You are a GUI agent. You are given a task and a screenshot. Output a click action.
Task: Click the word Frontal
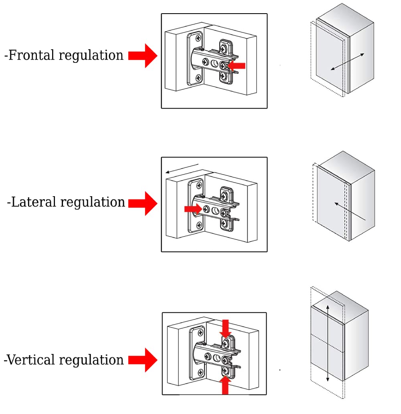point(31,55)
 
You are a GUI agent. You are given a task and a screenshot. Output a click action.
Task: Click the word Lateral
point(34,202)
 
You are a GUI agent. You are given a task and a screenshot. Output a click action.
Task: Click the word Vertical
point(31,360)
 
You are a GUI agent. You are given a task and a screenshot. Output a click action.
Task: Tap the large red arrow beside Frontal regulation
point(143,56)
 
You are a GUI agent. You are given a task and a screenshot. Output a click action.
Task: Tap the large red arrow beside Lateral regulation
point(143,203)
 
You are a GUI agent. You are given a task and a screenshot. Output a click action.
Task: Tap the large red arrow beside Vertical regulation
point(143,360)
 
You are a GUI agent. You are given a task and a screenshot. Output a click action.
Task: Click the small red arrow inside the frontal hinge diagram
point(236,66)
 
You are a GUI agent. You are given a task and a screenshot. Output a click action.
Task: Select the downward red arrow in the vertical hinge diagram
point(225,328)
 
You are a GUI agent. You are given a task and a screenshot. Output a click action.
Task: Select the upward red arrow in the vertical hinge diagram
point(225,385)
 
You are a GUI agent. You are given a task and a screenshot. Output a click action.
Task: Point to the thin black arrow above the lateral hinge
point(182,169)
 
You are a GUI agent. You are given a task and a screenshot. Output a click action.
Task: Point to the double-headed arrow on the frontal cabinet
point(348,62)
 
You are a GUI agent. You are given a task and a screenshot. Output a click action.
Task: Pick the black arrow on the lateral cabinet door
point(350,211)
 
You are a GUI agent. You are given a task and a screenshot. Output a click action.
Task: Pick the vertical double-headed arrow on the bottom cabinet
point(328,343)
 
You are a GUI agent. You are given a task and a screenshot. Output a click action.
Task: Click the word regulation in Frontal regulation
point(91,56)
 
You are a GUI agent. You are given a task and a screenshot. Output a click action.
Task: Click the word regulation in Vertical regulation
point(91,360)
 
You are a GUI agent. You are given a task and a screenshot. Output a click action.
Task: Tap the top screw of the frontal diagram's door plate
point(198,38)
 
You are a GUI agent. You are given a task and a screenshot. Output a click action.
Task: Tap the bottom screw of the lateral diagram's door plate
point(199,225)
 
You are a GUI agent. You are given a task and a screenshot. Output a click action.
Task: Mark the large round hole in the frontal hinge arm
point(214,64)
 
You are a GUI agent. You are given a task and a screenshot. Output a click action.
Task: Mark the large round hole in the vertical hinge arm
point(217,358)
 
